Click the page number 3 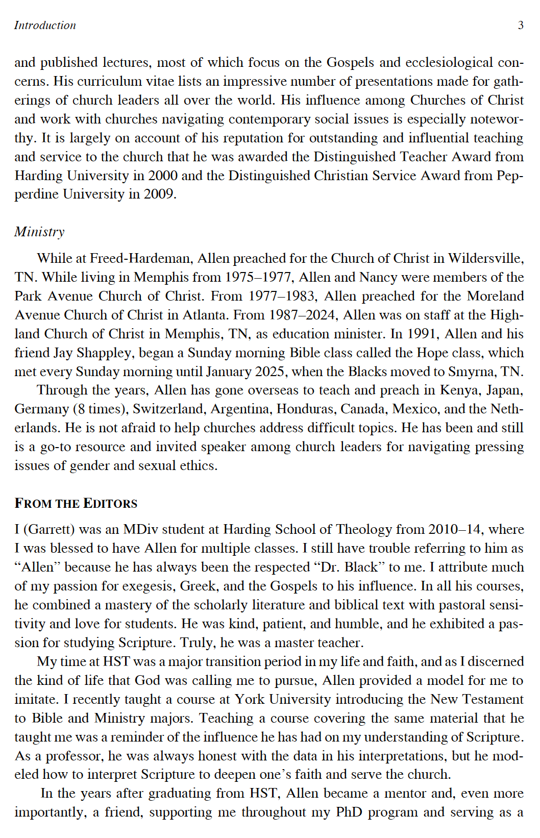(521, 25)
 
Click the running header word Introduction (45, 25)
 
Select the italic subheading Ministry (39, 232)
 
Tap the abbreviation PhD (349, 812)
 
